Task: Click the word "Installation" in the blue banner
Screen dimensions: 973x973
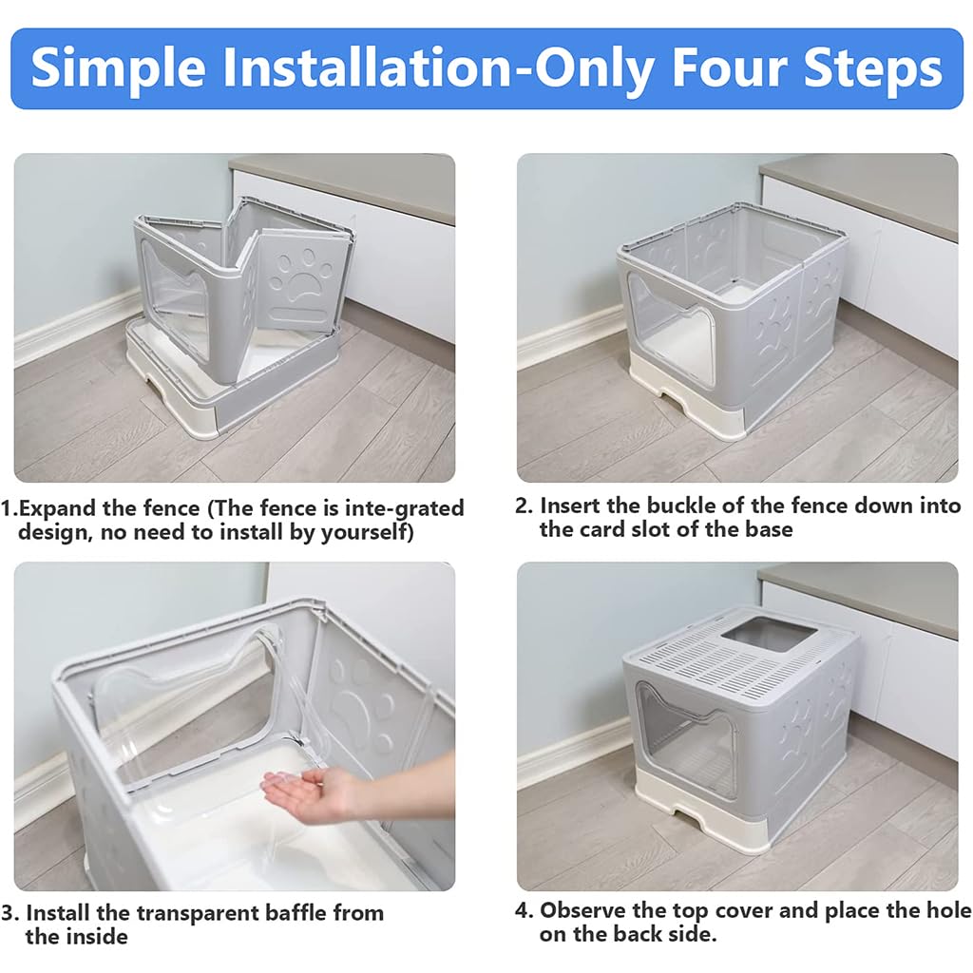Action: click(x=374, y=67)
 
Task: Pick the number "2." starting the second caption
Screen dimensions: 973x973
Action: click(x=525, y=506)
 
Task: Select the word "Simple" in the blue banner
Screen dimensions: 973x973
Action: click(x=116, y=67)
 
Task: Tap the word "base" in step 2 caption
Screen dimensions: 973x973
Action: click(x=766, y=529)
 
